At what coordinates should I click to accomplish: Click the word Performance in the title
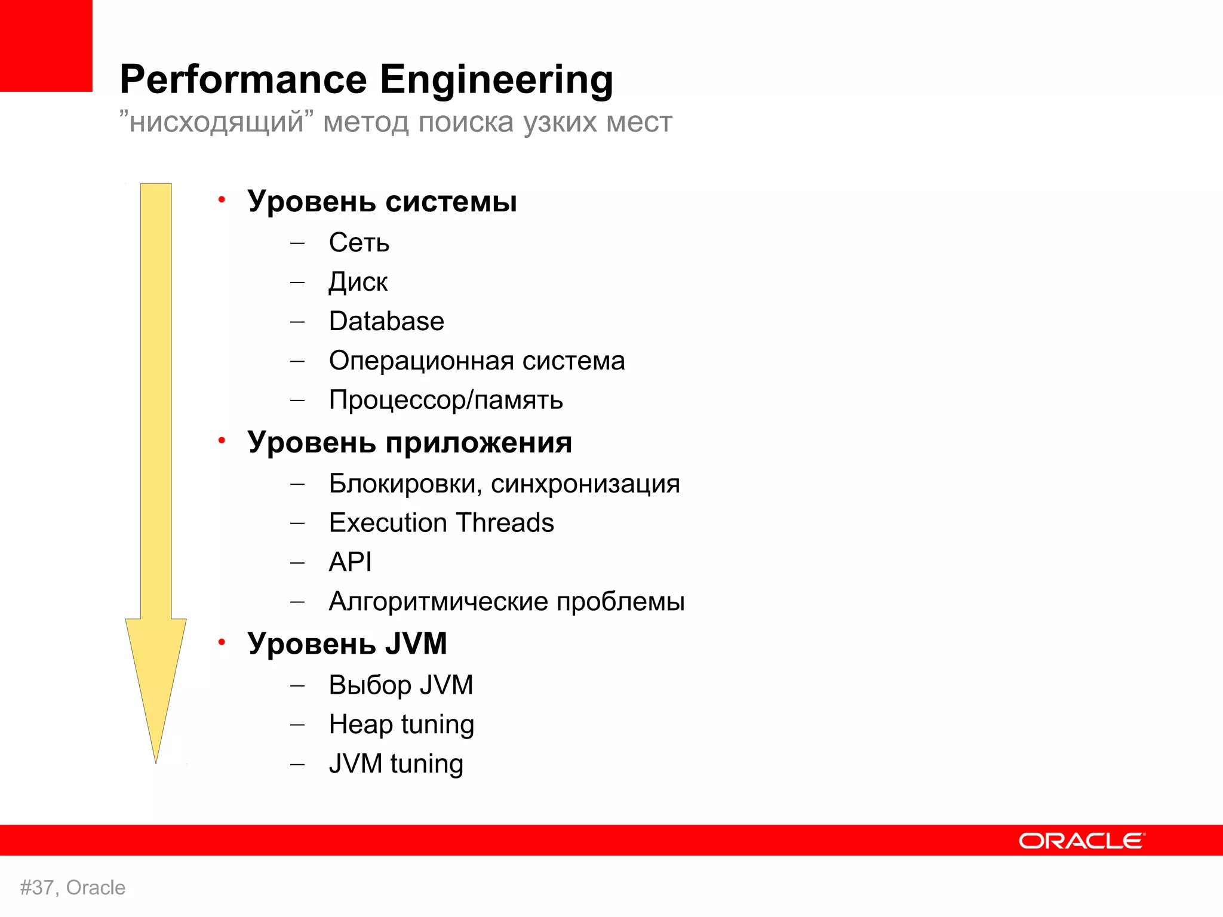coord(243,79)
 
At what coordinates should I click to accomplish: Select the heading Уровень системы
coord(382,201)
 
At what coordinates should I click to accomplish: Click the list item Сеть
coord(359,243)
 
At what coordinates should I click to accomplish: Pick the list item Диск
coord(358,282)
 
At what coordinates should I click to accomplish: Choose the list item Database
coord(386,321)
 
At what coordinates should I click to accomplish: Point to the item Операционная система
coord(477,361)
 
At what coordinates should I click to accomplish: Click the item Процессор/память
coord(445,400)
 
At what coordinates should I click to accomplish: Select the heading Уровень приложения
coord(410,442)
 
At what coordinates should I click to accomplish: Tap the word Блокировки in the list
coord(405,484)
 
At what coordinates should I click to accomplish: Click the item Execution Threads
coord(441,523)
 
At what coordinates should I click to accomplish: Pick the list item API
coord(350,562)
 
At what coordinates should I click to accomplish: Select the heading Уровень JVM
coord(347,644)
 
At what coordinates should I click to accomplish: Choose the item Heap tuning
coord(401,725)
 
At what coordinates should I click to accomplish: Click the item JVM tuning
coord(396,764)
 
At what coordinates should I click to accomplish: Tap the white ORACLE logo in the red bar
coord(1081,841)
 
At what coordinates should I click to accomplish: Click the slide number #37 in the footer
coord(38,888)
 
